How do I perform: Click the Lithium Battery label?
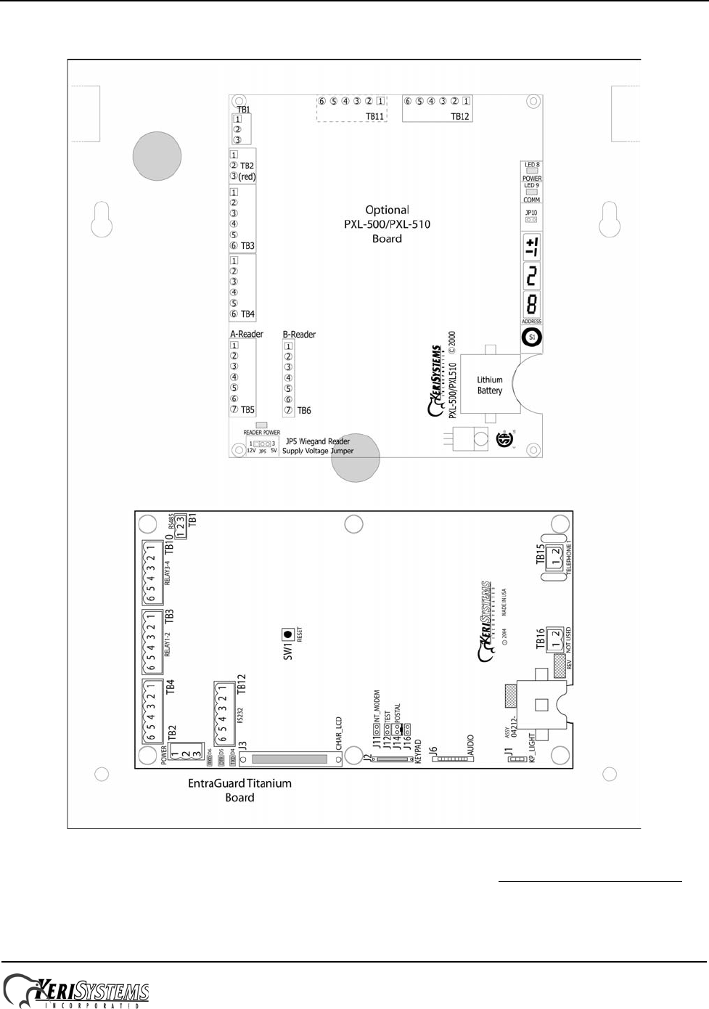[490, 385]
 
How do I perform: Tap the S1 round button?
[532, 338]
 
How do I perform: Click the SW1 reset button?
[288, 634]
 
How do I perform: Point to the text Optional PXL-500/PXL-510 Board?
[387, 224]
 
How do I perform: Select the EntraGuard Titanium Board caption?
[239, 791]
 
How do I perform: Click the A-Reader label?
[247, 335]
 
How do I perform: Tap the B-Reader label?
[299, 335]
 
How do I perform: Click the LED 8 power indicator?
[532, 171]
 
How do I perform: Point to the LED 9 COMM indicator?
[532, 192]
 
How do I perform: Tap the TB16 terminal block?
[555, 638]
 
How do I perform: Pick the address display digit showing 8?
[532, 303]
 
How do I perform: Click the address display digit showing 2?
[532, 276]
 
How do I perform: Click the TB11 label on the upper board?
[374, 116]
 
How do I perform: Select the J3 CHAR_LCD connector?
[291, 760]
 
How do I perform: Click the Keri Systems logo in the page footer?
[76, 991]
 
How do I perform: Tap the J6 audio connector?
[453, 759]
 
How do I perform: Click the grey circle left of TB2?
[157, 156]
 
